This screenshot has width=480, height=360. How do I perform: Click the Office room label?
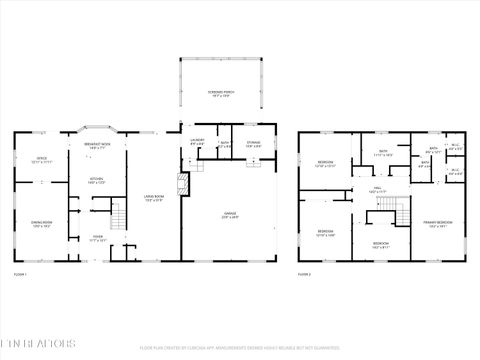(x=42, y=158)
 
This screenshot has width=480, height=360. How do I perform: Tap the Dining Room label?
(x=41, y=224)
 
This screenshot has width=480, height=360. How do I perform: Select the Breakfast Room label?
(x=97, y=146)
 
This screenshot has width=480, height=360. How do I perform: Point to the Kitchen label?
(x=96, y=182)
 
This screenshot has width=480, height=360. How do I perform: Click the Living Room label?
(x=154, y=198)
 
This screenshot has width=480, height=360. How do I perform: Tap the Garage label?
(x=229, y=213)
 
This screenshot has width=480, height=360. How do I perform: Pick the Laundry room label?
(x=197, y=142)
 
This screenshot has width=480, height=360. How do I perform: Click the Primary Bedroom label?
(x=437, y=224)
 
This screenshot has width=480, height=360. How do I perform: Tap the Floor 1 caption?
(x=20, y=273)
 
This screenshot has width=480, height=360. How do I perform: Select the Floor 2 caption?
(x=305, y=273)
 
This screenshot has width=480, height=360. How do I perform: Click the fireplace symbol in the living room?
(x=180, y=184)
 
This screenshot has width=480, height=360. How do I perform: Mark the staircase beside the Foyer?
(x=119, y=214)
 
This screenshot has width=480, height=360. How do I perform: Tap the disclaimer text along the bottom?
(x=240, y=348)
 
